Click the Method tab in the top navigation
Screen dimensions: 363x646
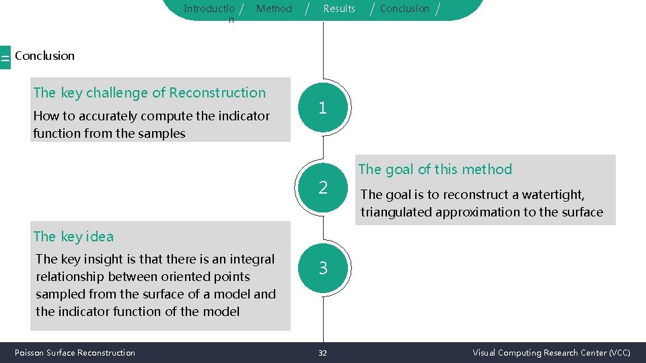coord(274,9)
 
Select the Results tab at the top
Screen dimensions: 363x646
coord(339,9)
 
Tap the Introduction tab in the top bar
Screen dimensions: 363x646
coord(209,9)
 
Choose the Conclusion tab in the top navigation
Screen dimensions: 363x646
coord(404,9)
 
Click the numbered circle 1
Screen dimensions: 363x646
coord(322,108)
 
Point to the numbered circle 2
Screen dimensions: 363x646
coord(322,188)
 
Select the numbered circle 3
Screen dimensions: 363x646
coord(323,268)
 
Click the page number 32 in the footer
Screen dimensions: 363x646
coord(322,353)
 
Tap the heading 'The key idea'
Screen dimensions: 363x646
coord(73,237)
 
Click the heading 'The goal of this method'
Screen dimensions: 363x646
coord(435,169)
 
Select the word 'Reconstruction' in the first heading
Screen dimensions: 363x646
coord(217,93)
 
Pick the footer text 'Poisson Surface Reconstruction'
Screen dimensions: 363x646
coord(75,353)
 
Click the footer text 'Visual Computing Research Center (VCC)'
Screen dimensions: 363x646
coord(551,353)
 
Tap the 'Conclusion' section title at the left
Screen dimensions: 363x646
coord(44,56)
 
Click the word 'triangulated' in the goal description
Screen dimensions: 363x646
coord(396,212)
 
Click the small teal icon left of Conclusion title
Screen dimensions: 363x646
coord(5,58)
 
